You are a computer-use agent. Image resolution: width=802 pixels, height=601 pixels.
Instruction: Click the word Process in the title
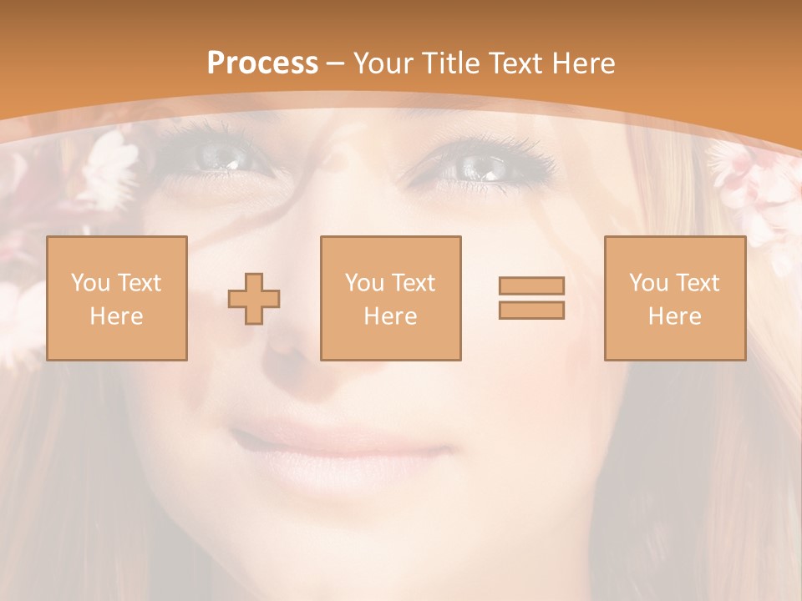click(x=262, y=63)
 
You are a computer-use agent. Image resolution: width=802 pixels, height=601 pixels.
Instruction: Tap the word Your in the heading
click(x=384, y=63)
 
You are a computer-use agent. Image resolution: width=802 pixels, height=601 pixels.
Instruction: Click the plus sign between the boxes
click(x=254, y=299)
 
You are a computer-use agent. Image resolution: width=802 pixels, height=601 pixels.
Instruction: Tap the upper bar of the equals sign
click(x=531, y=285)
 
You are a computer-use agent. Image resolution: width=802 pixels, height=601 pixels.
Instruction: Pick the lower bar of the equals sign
click(x=531, y=311)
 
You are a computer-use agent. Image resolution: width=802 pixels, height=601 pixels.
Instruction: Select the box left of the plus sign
click(x=117, y=299)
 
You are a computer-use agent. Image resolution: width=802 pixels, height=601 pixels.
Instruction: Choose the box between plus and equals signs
click(x=391, y=299)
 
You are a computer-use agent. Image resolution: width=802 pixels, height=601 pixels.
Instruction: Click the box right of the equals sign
click(x=675, y=299)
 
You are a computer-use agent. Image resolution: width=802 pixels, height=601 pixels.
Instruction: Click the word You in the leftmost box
click(x=89, y=283)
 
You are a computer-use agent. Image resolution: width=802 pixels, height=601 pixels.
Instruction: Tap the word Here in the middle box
click(x=391, y=316)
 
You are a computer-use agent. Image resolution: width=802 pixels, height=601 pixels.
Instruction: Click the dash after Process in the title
click(x=336, y=63)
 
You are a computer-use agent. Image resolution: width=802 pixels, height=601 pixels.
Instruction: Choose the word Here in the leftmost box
click(x=117, y=316)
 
